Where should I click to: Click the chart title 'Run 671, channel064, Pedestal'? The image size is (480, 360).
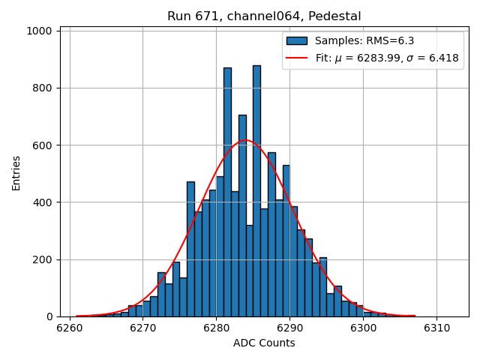[264, 16]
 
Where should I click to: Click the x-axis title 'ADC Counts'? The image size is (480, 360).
[264, 343]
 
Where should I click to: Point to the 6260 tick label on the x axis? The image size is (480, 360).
[70, 328]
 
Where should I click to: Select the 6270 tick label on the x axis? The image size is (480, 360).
[142, 328]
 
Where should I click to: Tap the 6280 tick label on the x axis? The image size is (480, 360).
[216, 328]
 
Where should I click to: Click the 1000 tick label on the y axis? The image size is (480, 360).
[40, 31]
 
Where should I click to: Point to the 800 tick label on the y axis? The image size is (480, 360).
[43, 88]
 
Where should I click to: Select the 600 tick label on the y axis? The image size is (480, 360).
[43, 145]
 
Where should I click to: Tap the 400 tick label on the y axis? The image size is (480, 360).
[43, 202]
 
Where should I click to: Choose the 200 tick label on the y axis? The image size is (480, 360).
[43, 259]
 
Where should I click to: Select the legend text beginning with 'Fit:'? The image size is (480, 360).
[387, 58]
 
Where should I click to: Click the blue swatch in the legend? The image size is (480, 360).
[297, 40]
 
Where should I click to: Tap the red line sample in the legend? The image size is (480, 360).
[297, 58]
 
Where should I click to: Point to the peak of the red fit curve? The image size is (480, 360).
[245, 140]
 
